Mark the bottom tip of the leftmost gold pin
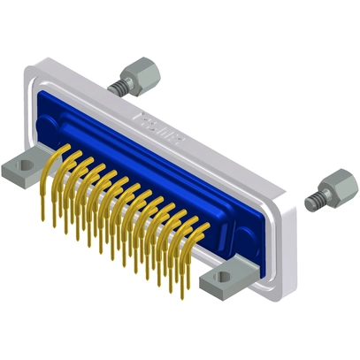coord(42,213)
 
